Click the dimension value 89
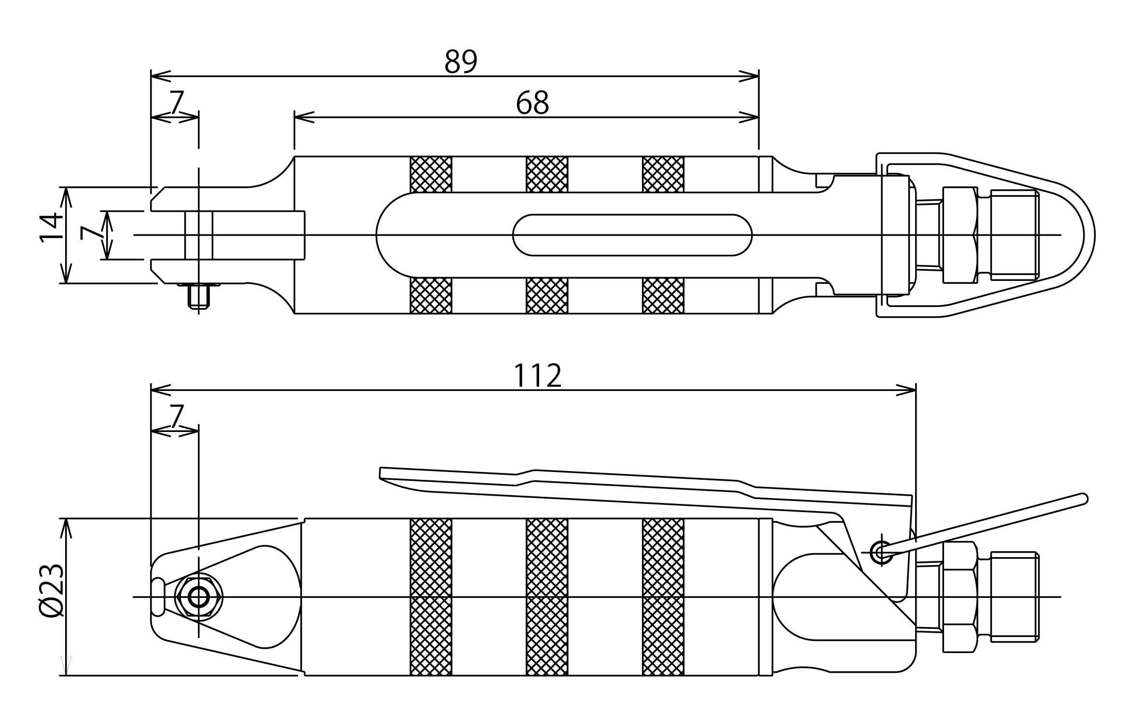[461, 62]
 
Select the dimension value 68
[532, 103]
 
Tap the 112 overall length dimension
[537, 376]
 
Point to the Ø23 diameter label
[51, 590]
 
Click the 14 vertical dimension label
[51, 227]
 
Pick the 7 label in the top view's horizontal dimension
[177, 103]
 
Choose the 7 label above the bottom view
[177, 416]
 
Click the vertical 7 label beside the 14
[92, 232]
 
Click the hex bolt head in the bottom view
[199, 598]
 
